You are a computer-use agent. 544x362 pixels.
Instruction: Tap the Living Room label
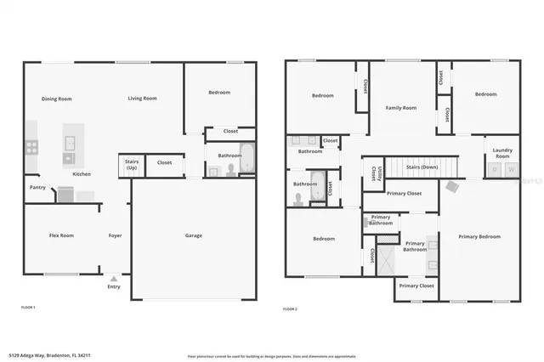click(x=142, y=99)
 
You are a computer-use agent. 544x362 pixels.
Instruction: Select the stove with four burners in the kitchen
click(x=31, y=146)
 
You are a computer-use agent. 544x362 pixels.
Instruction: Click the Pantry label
click(x=37, y=187)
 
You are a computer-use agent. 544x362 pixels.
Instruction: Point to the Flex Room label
click(x=61, y=235)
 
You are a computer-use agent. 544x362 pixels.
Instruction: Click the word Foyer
click(x=116, y=235)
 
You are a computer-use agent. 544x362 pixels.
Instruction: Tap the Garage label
click(x=194, y=235)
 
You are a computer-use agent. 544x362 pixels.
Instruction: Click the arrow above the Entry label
click(x=114, y=278)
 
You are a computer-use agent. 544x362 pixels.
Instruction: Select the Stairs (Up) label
click(x=132, y=165)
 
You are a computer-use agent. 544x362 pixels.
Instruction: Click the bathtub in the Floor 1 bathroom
click(x=246, y=159)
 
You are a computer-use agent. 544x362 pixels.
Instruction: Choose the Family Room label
click(x=400, y=108)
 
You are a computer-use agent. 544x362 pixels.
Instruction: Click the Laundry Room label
click(x=502, y=153)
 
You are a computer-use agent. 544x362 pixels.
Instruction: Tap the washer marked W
click(x=511, y=170)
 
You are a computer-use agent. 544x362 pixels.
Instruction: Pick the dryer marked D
click(x=494, y=170)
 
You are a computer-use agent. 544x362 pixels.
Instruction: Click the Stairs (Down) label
click(x=422, y=167)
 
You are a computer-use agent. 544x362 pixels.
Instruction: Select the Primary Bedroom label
click(x=479, y=235)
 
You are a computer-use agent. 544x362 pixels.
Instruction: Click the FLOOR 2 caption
click(x=291, y=307)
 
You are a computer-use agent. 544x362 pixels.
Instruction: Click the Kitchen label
click(x=82, y=174)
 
